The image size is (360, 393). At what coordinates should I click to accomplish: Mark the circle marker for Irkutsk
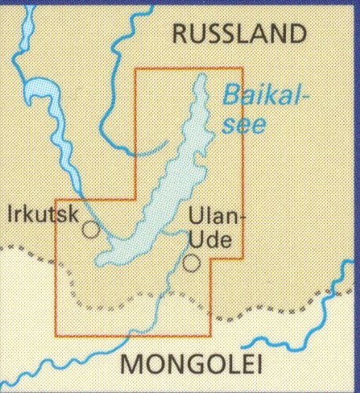point(91,230)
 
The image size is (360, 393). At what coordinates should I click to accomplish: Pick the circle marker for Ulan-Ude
point(192,263)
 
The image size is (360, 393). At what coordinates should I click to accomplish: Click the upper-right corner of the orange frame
point(242,68)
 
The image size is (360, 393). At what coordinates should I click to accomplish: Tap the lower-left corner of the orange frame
point(55,336)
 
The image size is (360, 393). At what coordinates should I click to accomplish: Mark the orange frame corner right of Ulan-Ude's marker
point(242,258)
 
